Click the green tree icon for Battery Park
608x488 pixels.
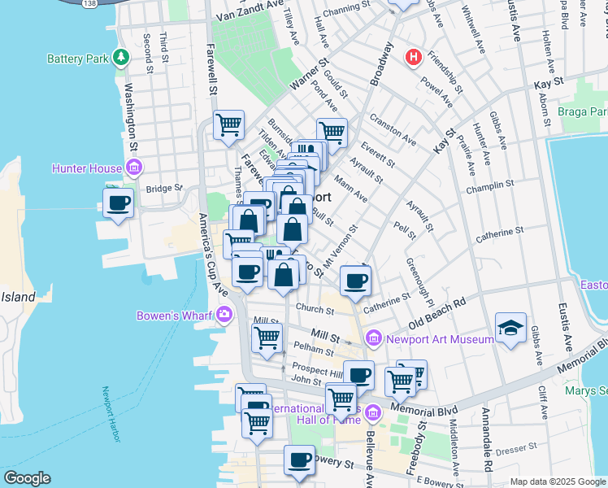[x=121, y=57]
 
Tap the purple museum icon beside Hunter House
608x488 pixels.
[x=134, y=168]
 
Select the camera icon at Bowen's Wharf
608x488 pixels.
[x=224, y=314]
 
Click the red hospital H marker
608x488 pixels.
[x=414, y=57]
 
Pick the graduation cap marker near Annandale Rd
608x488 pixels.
[x=510, y=327]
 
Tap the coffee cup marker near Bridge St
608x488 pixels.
[x=119, y=203]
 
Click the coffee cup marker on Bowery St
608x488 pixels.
[x=299, y=460]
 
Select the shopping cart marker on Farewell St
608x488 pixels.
[x=228, y=124]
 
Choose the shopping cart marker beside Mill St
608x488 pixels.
[x=267, y=338]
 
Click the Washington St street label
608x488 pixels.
[x=131, y=117]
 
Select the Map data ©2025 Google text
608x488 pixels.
[x=558, y=481]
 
